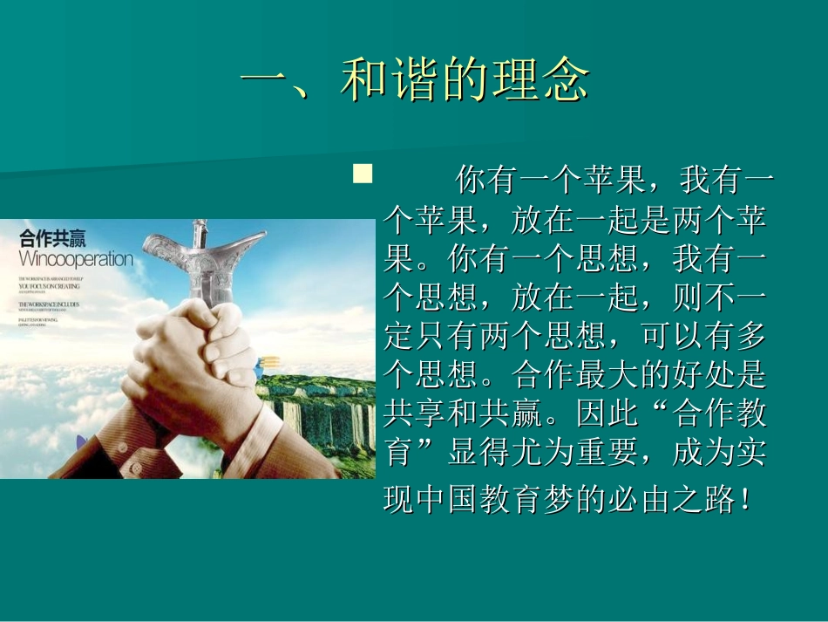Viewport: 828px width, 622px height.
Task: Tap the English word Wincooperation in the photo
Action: [76, 259]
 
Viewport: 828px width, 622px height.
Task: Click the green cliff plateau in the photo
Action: [322, 410]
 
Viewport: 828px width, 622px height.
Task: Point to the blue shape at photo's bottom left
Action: [82, 443]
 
